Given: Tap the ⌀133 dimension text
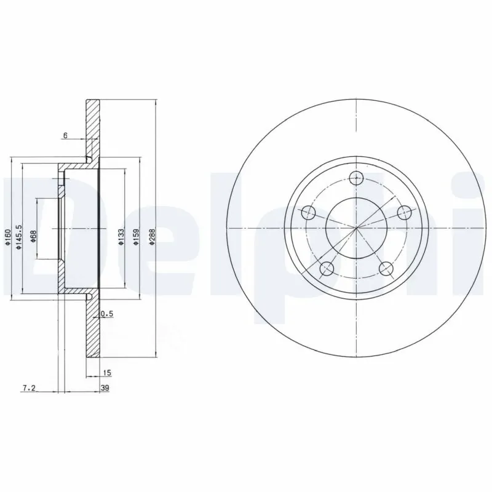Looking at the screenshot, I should click(x=121, y=238).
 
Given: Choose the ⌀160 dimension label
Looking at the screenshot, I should click(x=7, y=237).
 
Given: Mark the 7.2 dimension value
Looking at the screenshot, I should click(x=28, y=387).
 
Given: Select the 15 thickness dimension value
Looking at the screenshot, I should click(x=107, y=373).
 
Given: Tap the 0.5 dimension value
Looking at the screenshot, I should click(x=106, y=314).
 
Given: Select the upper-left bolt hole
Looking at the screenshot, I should click(x=309, y=213).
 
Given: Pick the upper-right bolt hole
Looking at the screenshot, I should click(x=404, y=213).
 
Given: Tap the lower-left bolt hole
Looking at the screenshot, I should click(x=327, y=268).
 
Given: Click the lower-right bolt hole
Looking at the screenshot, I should click(x=386, y=268).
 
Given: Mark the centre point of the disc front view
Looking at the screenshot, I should click(x=357, y=229).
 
